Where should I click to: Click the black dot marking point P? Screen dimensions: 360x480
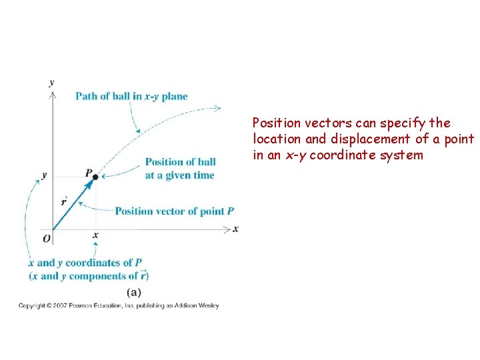(95, 177)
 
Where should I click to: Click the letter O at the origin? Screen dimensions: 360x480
(46, 238)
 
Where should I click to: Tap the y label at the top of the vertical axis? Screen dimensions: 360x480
(52, 83)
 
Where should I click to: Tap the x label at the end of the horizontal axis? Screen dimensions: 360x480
(235, 229)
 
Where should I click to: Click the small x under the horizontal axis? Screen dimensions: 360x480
(95, 235)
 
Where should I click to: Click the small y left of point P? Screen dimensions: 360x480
(44, 175)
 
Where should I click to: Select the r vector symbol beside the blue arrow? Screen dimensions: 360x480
(63, 201)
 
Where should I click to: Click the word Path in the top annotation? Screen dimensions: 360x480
(87, 96)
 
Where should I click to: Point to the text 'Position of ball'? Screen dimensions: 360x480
(180, 162)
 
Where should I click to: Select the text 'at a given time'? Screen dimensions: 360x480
(179, 175)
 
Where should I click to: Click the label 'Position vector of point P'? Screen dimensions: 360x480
(174, 211)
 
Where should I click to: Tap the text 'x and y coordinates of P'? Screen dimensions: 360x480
(85, 263)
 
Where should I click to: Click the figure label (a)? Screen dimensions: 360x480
(133, 292)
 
